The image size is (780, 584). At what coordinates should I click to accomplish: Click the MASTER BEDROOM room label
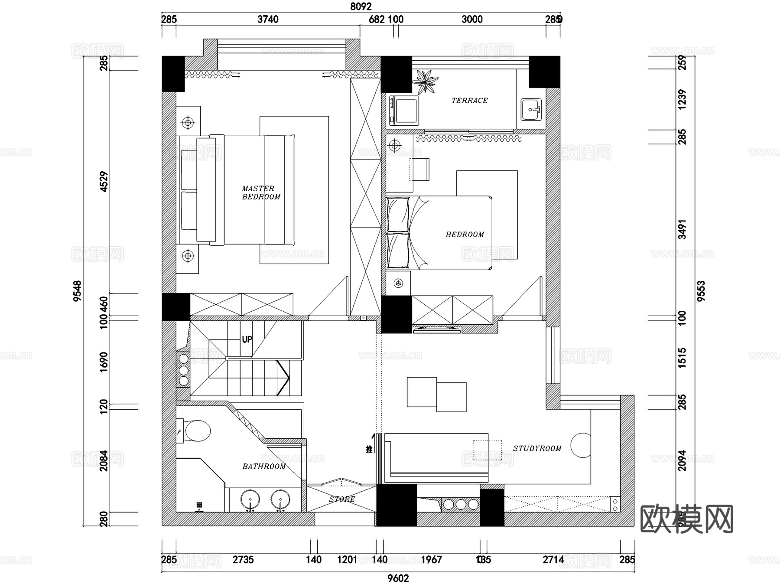click(x=260, y=192)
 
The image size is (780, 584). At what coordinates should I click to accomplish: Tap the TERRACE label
click(x=469, y=101)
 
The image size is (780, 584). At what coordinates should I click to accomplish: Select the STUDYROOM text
click(x=537, y=449)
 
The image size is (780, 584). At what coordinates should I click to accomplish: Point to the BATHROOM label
click(x=263, y=467)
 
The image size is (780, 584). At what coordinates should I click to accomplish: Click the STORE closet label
click(x=342, y=499)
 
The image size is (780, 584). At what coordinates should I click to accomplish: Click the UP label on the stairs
click(x=247, y=339)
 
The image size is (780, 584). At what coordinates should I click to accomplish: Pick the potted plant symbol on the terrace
click(x=425, y=81)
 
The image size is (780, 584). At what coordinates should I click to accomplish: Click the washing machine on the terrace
click(x=404, y=111)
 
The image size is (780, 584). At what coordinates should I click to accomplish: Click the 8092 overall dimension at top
click(x=361, y=7)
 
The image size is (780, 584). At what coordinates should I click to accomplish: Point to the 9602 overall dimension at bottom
click(x=398, y=578)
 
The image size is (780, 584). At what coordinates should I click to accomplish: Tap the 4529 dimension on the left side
click(x=104, y=182)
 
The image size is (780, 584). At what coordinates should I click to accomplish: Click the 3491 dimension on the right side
click(x=682, y=230)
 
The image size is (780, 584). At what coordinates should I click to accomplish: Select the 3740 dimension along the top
click(x=268, y=19)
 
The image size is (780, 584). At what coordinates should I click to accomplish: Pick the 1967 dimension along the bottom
click(x=431, y=560)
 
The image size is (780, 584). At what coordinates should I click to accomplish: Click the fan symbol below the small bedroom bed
click(x=398, y=284)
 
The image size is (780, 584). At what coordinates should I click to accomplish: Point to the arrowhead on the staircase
click(x=285, y=378)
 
